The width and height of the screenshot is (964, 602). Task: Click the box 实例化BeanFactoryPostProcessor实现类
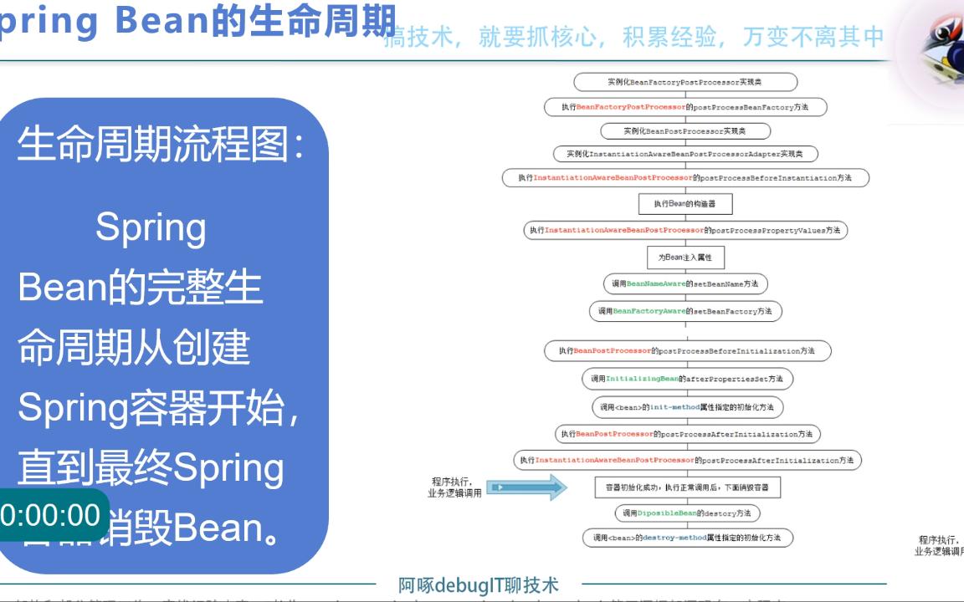point(685,82)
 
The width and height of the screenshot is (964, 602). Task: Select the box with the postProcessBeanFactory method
point(685,107)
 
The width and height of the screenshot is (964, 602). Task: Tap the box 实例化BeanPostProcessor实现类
point(685,131)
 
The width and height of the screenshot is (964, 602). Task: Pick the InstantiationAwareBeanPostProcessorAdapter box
point(685,154)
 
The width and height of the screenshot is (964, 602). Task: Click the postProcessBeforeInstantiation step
point(685,178)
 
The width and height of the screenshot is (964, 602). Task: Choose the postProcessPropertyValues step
point(685,230)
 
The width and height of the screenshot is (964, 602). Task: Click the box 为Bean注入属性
point(685,258)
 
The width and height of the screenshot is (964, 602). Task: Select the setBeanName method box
point(685,284)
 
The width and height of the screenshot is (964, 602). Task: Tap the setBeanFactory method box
point(685,311)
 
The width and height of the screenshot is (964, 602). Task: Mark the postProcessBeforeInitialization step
point(688,351)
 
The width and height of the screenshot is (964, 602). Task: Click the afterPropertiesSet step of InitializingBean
point(687,379)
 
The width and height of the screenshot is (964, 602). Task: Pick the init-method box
point(687,407)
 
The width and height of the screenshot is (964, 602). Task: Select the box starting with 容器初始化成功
point(688,487)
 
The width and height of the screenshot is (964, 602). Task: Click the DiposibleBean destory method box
point(687,513)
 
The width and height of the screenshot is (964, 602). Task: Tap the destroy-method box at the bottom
point(687,538)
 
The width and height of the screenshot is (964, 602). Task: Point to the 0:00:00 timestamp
point(50,515)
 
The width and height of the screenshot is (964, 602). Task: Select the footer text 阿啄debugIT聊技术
point(479,585)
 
